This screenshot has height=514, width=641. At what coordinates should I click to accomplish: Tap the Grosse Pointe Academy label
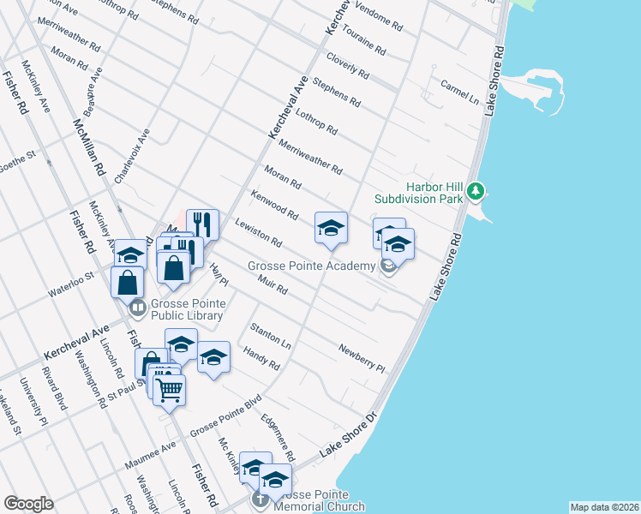[x=312, y=266]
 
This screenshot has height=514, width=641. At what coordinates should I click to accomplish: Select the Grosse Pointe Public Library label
[x=187, y=310]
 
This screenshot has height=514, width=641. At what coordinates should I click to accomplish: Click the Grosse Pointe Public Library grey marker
[x=136, y=306]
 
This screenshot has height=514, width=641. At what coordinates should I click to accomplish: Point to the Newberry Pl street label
[x=362, y=357]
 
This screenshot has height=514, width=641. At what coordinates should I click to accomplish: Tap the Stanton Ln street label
[x=270, y=335]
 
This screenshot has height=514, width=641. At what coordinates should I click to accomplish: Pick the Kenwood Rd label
[x=274, y=206]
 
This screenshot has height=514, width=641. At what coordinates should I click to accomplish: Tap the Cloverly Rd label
[x=347, y=69]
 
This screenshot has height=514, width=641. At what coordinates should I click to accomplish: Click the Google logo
[x=28, y=504]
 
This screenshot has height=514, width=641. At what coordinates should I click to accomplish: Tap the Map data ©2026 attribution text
[x=603, y=507]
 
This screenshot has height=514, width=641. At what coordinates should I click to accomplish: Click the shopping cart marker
[x=171, y=390]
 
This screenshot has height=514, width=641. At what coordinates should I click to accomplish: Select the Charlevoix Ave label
[x=132, y=156]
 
